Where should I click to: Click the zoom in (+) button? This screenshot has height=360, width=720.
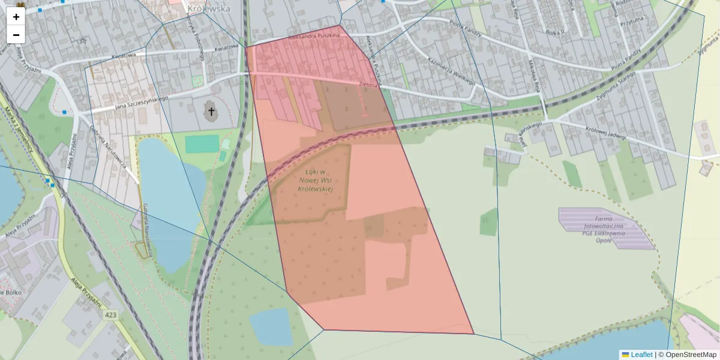16,17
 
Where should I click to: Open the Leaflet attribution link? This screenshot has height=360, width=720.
641,355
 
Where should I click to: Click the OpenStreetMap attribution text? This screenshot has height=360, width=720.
691,355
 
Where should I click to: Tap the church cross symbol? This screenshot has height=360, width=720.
211,111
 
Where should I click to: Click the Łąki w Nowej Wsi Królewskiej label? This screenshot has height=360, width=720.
315,181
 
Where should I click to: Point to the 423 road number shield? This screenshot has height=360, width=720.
110,315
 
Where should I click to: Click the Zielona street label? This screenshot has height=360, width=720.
368,85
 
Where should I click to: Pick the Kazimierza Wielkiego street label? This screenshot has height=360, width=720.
451,73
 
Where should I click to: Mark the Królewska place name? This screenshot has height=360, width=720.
208,9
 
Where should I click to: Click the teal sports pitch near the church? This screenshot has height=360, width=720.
202,144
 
